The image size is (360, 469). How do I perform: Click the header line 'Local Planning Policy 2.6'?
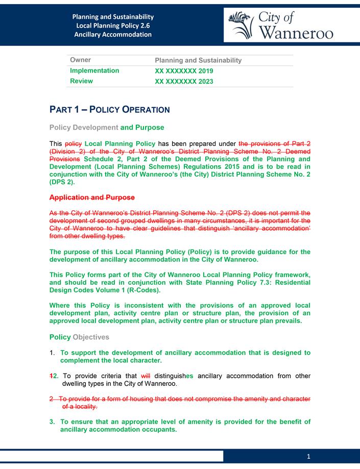point(113,26)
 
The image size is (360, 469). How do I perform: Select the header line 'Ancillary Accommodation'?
point(113,35)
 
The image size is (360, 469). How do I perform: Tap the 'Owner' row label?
point(81,60)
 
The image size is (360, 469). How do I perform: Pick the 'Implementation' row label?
point(94,71)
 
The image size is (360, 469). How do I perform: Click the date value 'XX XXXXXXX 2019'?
point(184,71)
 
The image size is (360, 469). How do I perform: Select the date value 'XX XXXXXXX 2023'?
point(184,81)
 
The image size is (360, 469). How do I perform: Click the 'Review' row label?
point(81,81)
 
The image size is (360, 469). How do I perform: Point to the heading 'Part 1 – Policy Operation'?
point(109,109)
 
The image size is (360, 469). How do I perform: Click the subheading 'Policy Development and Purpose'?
point(107,127)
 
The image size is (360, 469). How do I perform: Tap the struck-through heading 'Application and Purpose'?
point(92,197)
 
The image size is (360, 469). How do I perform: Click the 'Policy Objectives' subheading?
point(79,337)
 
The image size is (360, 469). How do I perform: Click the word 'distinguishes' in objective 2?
point(175,376)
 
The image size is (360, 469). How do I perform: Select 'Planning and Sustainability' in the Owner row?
point(198,60)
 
